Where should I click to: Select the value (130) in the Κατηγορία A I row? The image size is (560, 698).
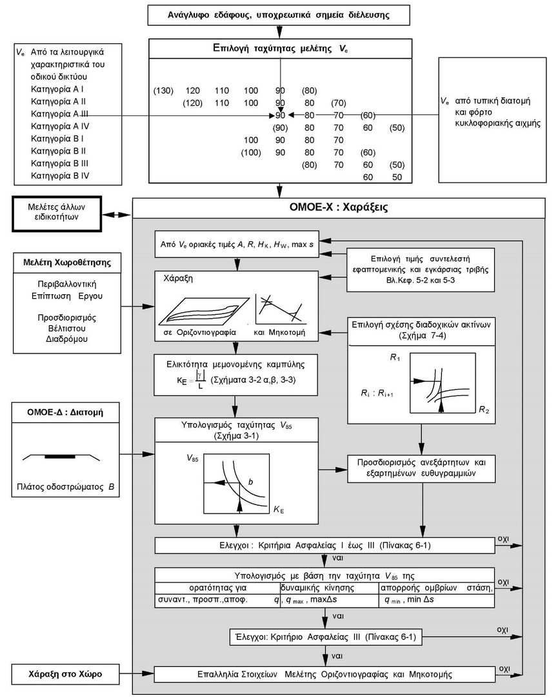click(163, 90)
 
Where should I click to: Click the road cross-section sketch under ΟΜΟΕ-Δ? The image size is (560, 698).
click(61, 457)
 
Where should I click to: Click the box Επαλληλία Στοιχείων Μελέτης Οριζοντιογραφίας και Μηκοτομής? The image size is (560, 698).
click(325, 674)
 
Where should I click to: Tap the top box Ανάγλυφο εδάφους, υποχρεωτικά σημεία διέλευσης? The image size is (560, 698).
click(279, 14)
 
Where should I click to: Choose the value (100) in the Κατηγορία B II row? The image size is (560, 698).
click(250, 152)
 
